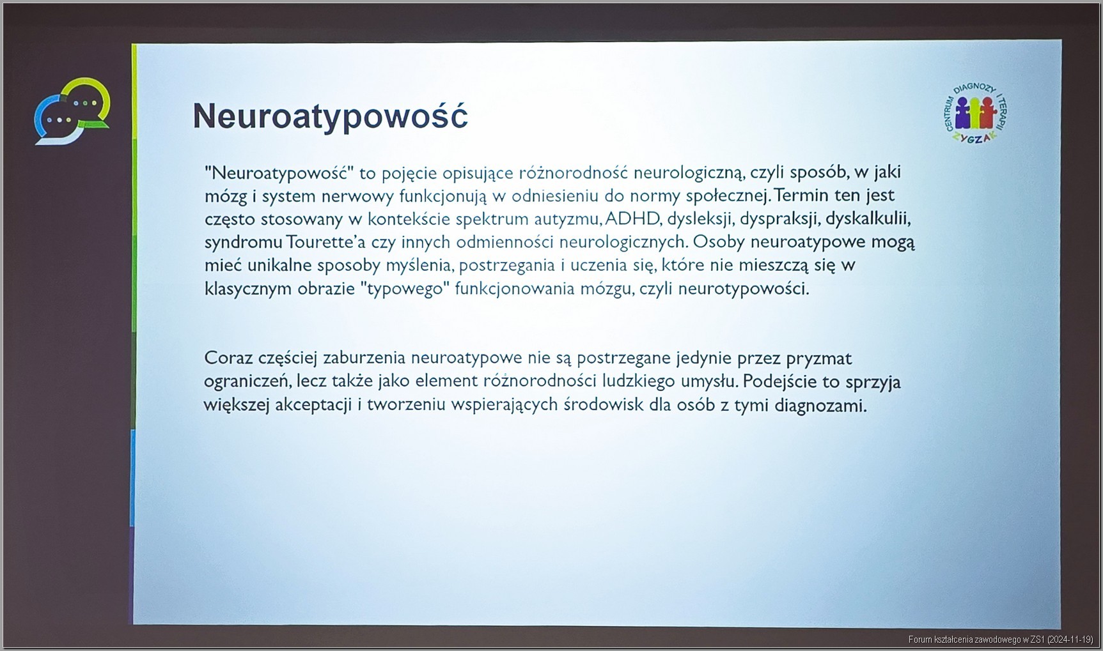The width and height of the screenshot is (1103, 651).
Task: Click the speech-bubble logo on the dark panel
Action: click(x=72, y=111)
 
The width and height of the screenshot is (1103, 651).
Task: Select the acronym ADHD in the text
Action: click(x=632, y=218)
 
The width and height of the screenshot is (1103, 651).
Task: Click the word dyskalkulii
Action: click(x=868, y=218)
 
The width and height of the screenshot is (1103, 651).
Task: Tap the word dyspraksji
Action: click(x=779, y=218)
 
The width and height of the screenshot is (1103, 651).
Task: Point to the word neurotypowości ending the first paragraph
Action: click(x=743, y=289)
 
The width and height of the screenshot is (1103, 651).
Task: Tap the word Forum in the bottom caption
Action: click(x=919, y=640)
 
